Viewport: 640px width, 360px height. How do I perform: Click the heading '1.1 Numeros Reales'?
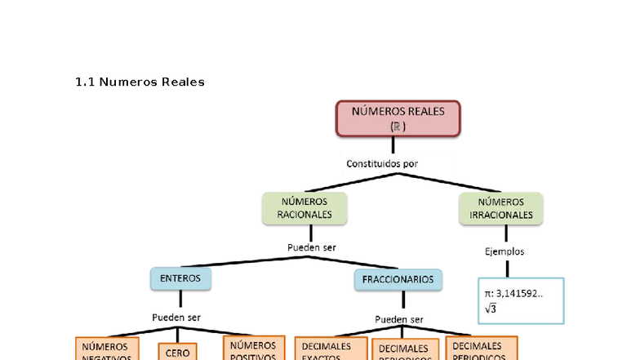click(x=140, y=82)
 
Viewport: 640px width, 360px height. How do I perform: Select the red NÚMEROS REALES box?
click(x=398, y=118)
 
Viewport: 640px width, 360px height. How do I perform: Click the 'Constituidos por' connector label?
click(x=382, y=163)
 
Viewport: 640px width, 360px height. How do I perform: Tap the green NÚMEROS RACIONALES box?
click(x=304, y=208)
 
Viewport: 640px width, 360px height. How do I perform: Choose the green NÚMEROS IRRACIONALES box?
click(x=501, y=208)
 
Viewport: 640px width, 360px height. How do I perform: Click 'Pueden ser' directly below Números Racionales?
click(x=312, y=247)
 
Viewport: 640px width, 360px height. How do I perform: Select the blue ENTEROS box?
click(x=180, y=278)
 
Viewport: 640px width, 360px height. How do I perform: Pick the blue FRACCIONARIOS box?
click(x=398, y=279)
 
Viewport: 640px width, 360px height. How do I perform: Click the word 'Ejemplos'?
click(x=504, y=251)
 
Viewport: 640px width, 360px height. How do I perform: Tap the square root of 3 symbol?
click(x=491, y=309)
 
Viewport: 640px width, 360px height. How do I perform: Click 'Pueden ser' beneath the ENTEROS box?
click(x=176, y=318)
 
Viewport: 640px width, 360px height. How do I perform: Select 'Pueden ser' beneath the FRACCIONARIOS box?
click(x=398, y=319)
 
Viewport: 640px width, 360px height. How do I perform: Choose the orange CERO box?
click(x=178, y=352)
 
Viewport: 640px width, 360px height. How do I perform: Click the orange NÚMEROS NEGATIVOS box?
click(x=107, y=349)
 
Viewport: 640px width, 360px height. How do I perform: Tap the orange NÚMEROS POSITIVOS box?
click(x=254, y=349)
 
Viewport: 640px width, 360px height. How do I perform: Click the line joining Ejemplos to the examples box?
click(x=507, y=269)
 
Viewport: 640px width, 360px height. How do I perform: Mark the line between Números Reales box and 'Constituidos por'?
click(x=393, y=145)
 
